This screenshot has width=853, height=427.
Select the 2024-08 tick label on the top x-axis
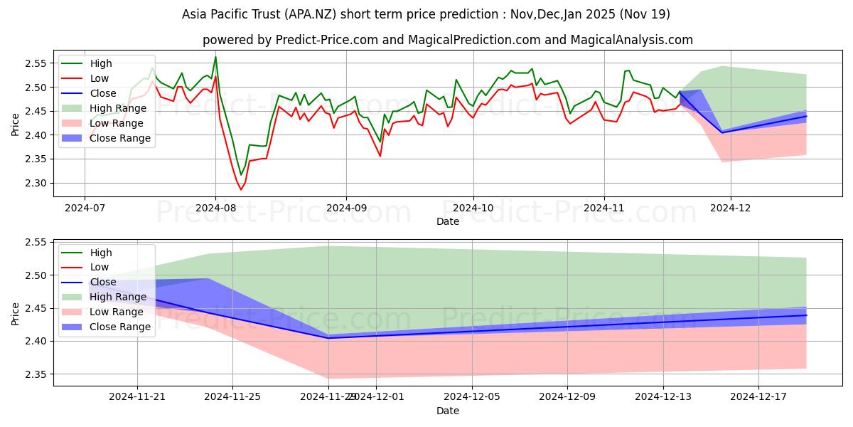215,209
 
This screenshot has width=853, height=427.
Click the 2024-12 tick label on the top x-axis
730,209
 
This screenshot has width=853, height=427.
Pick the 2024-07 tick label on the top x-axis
85,209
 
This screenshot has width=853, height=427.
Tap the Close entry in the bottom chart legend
104,282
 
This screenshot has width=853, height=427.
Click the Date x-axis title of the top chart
448,221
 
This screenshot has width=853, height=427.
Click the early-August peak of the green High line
215,57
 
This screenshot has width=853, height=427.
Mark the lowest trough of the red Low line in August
240,189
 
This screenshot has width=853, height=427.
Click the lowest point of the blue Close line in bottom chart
328,338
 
